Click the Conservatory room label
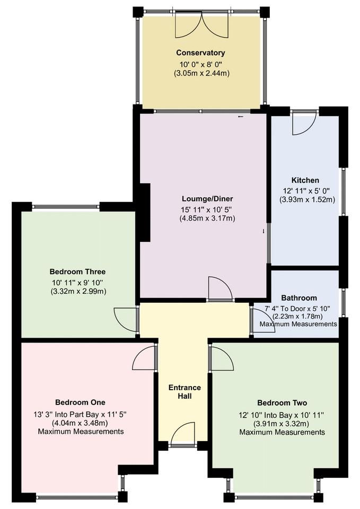pyautogui.click(x=201, y=53)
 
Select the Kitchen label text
pyautogui.click(x=305, y=180)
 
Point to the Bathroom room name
pyautogui.click(x=299, y=298)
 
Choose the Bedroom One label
pyautogui.click(x=80, y=401)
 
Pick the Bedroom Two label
pyautogui.click(x=282, y=402)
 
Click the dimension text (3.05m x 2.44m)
pyautogui.click(x=201, y=73)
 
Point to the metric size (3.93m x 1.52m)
pyautogui.click(x=307, y=200)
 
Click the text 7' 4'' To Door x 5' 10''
pyautogui.click(x=301, y=308)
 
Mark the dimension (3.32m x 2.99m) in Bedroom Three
pyautogui.click(x=78, y=292)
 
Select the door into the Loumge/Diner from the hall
pyautogui.click(x=219, y=289)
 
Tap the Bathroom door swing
pyautogui.click(x=262, y=321)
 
